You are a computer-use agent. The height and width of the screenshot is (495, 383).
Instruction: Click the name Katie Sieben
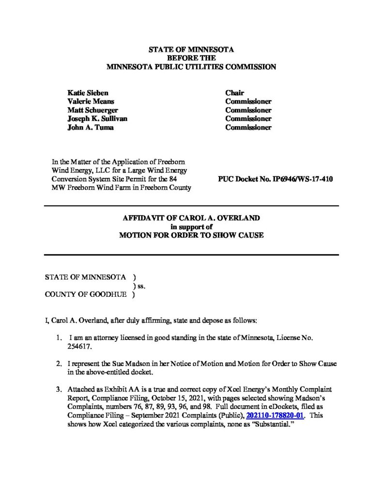[88, 93]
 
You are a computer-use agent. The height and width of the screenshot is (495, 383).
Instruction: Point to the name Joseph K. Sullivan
[97, 119]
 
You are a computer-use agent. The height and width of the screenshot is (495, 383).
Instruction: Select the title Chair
[234, 93]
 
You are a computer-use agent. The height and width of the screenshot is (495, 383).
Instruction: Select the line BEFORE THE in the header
[191, 58]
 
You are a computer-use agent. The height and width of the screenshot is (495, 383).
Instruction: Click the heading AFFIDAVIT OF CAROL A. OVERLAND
[191, 218]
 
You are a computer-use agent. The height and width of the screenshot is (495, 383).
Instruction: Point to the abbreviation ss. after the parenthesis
[141, 286]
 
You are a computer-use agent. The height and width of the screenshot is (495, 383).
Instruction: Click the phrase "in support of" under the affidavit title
[191, 227]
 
